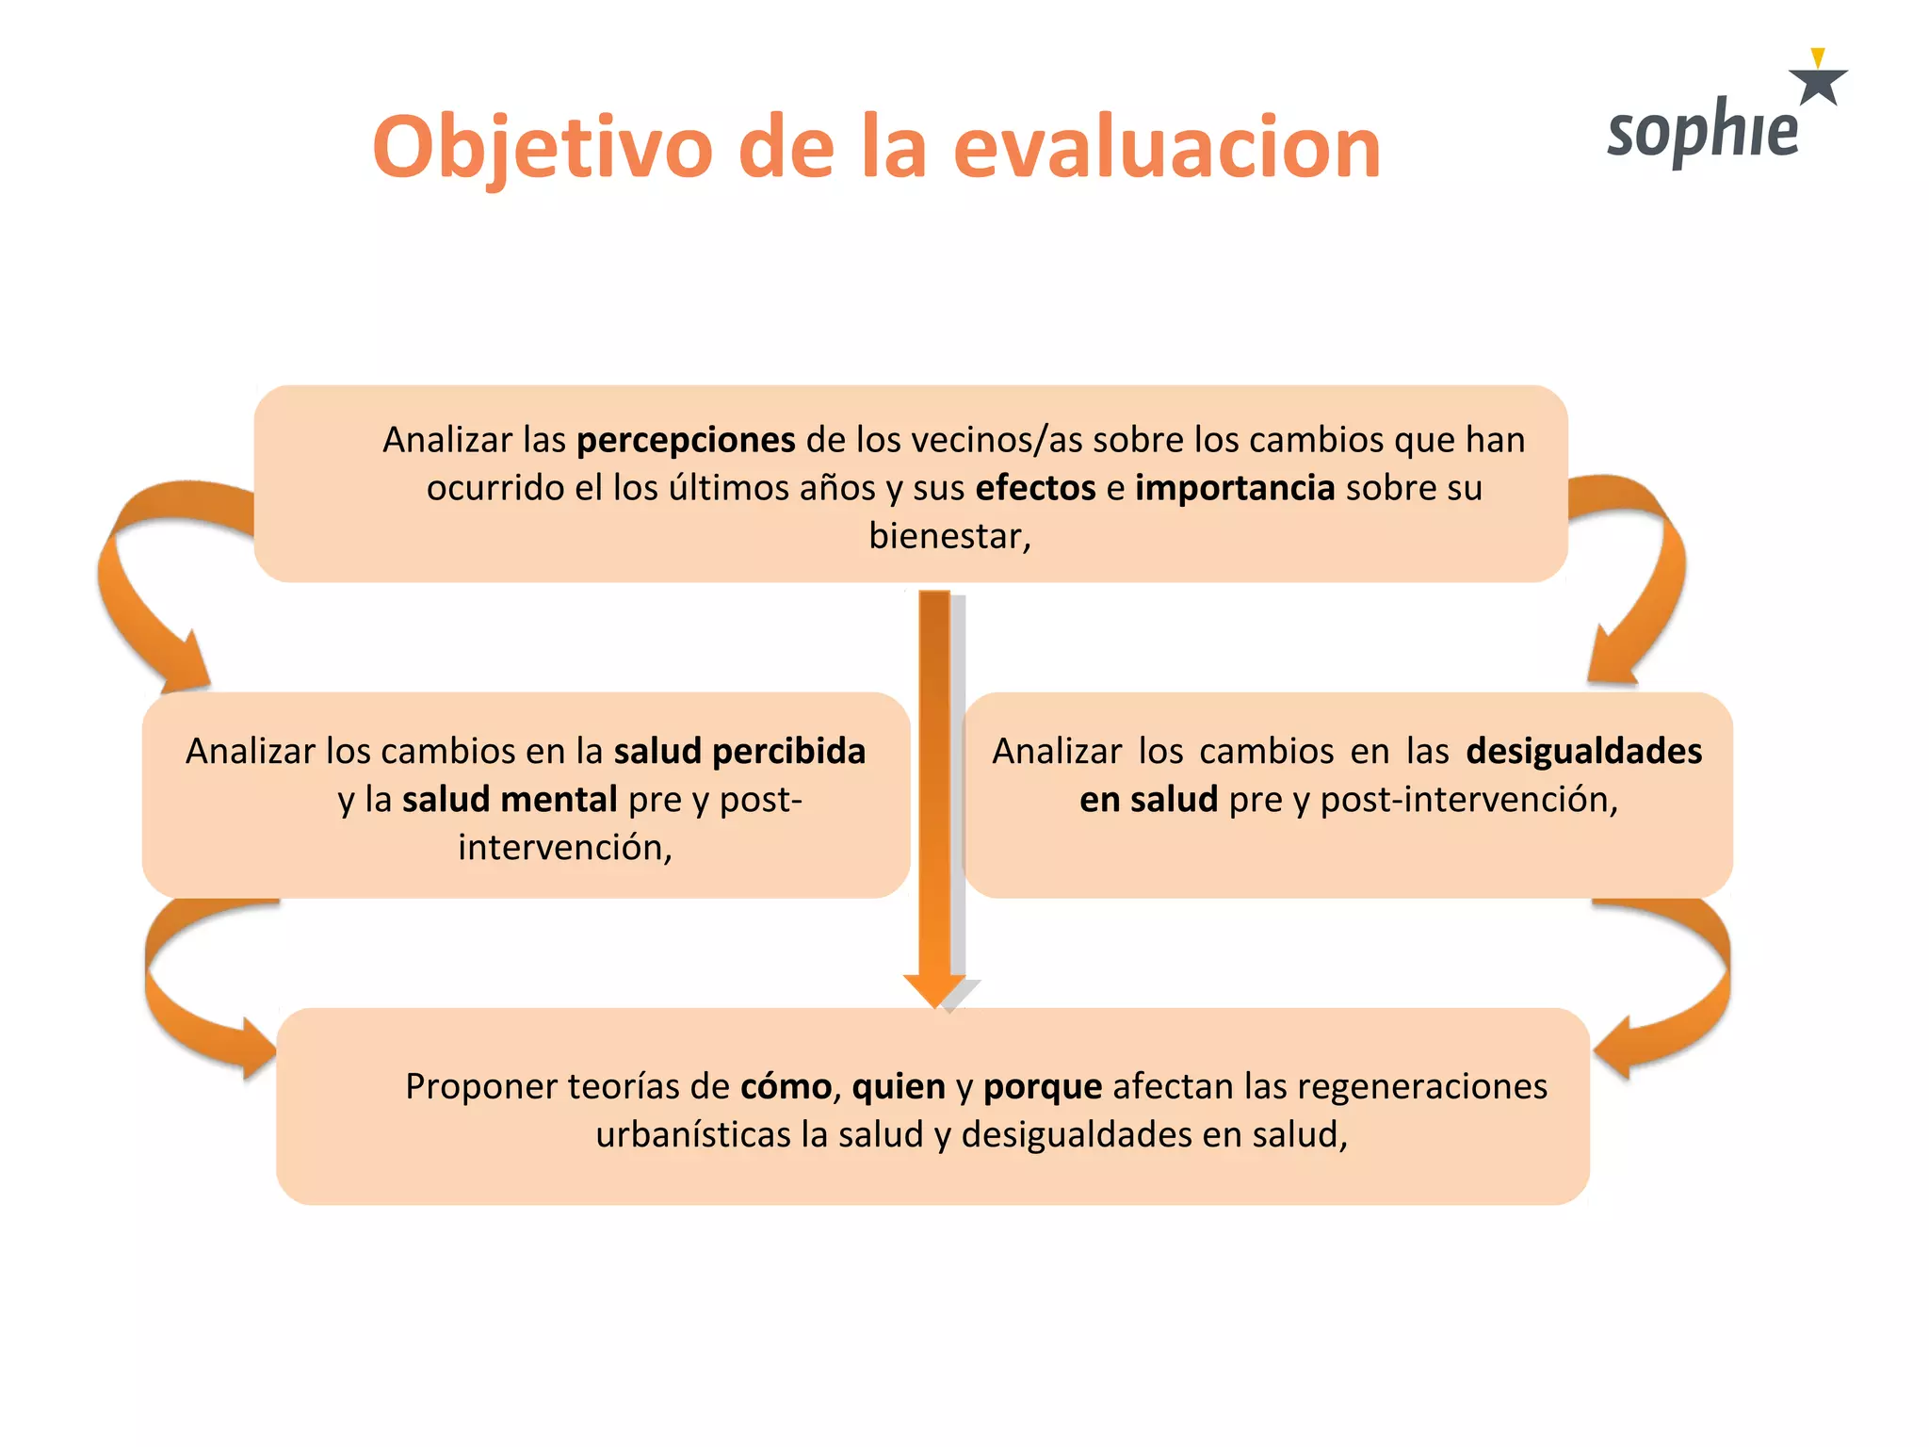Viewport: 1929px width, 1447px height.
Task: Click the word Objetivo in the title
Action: [543, 148]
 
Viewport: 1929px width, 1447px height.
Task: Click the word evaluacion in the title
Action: [1166, 148]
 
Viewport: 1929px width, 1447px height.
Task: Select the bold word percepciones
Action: [686, 440]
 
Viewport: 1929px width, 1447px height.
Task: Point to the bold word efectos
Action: [1035, 488]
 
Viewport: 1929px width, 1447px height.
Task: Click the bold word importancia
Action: [1235, 488]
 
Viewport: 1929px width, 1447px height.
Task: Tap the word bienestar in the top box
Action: [948, 536]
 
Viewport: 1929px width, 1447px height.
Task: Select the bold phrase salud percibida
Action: [739, 751]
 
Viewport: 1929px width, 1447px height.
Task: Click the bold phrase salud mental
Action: [510, 799]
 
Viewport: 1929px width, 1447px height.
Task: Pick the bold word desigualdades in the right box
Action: [1583, 751]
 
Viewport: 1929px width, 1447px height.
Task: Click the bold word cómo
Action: [786, 1086]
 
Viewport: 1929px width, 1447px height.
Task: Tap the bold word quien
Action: [899, 1086]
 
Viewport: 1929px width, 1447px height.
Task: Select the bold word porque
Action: [1043, 1086]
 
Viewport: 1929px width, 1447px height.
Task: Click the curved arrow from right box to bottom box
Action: [1686, 999]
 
